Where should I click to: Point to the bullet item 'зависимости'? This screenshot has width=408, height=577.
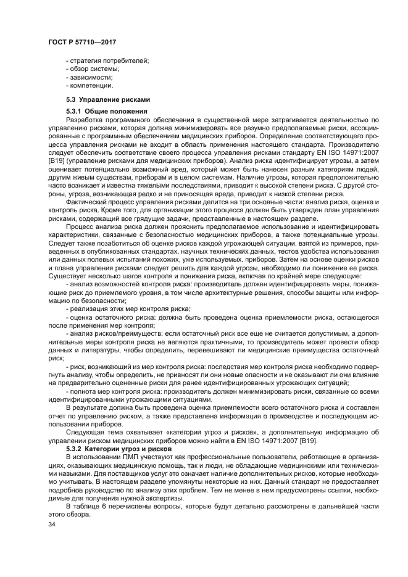point(90,77)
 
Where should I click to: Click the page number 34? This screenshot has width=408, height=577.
point(52,525)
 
